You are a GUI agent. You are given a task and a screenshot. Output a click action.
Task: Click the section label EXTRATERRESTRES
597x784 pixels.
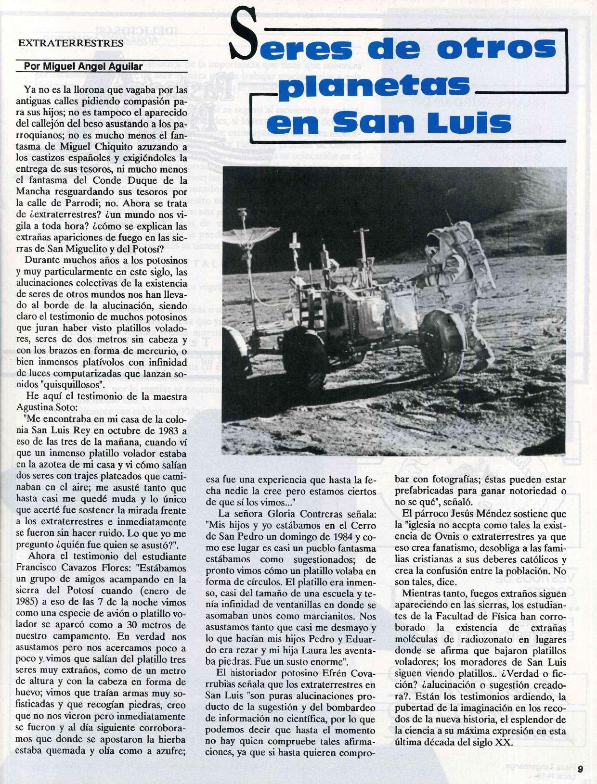coord(70,42)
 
